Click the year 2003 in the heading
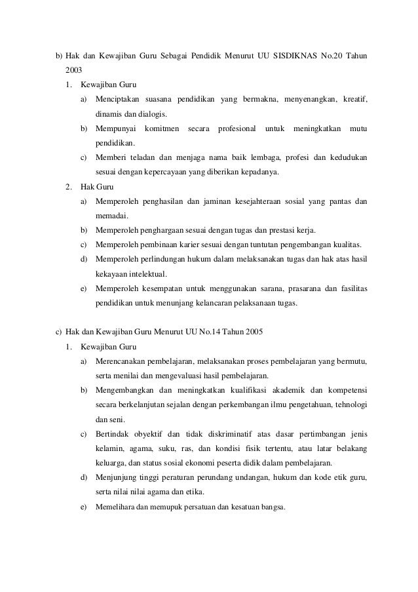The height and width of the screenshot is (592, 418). click(x=74, y=69)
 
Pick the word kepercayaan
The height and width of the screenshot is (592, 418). click(x=166, y=172)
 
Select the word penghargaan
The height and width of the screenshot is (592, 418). click(x=166, y=230)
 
